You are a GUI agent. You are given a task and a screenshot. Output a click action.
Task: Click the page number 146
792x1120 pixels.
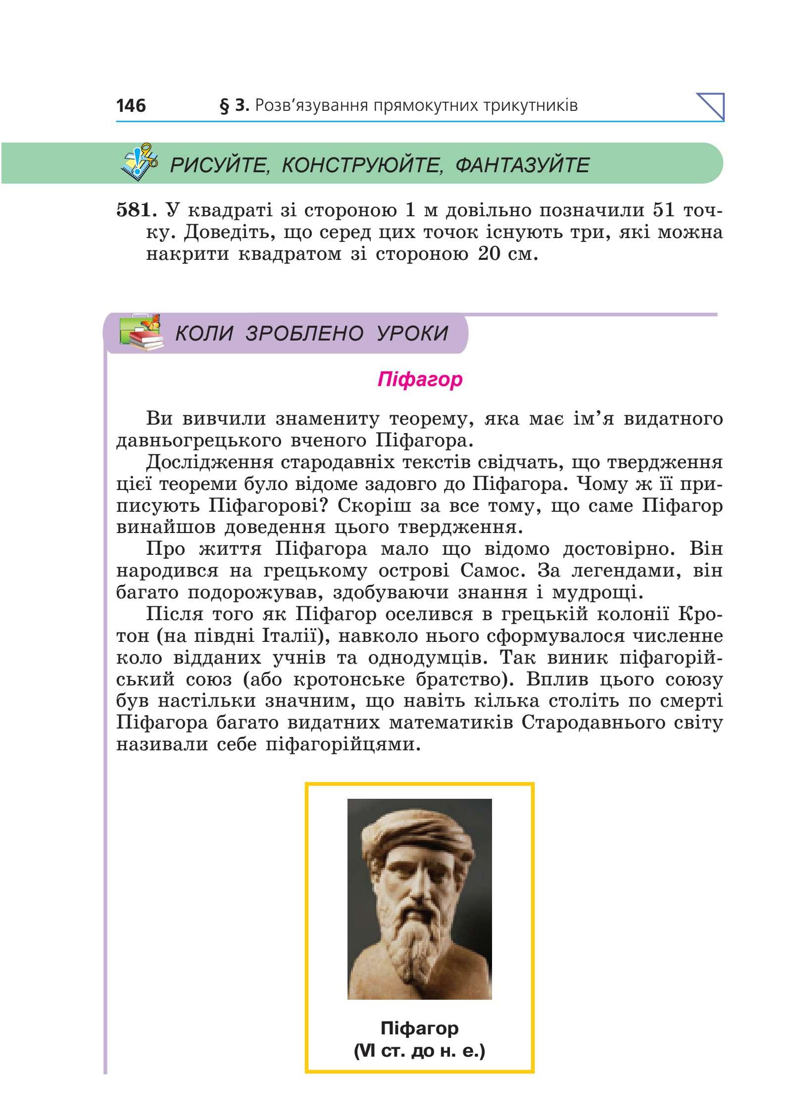pyautogui.click(x=131, y=105)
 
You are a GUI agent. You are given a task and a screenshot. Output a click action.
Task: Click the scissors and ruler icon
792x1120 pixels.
pyautogui.click(x=140, y=161)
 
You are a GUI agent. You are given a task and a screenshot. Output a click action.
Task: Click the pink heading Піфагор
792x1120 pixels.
pyautogui.click(x=420, y=380)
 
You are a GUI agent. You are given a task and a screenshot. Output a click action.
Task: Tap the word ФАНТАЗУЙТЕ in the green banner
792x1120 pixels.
pyautogui.click(x=522, y=165)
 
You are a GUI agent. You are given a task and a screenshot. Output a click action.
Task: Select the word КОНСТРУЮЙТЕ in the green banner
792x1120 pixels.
pyautogui.click(x=362, y=165)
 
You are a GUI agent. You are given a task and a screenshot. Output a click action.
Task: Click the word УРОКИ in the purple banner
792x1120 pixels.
pyautogui.click(x=412, y=334)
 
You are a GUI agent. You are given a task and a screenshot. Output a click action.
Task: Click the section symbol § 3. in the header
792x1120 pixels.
pyautogui.click(x=234, y=105)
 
